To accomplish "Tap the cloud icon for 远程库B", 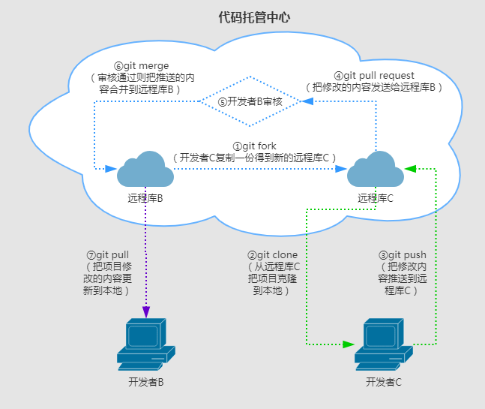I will click(x=145, y=170).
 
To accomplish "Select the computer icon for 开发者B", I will click(x=145, y=344).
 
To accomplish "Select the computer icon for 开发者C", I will click(x=383, y=344).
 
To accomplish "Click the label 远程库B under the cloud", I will click(x=145, y=199).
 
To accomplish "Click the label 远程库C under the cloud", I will click(x=376, y=199).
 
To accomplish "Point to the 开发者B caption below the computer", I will click(x=145, y=383).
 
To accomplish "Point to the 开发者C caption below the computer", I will click(x=383, y=383).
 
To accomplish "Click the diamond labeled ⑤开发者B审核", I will click(x=250, y=102).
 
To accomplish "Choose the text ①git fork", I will click(x=254, y=146).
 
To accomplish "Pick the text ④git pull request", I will click(x=374, y=76).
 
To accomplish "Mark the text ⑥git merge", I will click(x=140, y=66).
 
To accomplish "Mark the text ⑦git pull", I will click(x=108, y=255).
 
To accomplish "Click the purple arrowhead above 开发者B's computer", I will click(x=145, y=311).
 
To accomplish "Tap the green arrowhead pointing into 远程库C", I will click(x=409, y=168).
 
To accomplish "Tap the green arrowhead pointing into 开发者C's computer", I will click(x=349, y=344).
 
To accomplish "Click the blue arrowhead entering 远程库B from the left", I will click(x=111, y=168).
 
